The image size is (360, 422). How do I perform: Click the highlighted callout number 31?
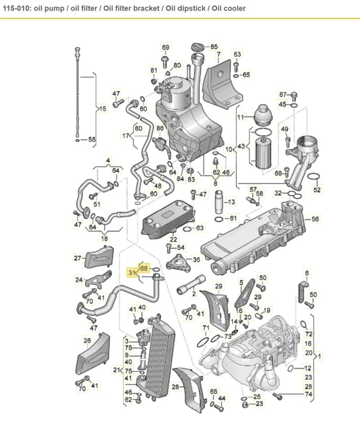coord(131,273)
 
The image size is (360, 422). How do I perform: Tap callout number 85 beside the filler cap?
coord(213,47)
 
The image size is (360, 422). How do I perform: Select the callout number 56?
coord(315,220)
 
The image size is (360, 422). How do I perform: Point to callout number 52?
coord(316,190)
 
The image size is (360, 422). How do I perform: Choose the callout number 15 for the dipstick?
coord(102,108)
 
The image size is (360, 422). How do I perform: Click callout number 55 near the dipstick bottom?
coord(92,139)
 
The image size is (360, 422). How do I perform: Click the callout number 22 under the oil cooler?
coord(173,239)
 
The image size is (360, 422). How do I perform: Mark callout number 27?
coord(77,258)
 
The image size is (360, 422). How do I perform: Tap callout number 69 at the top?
coord(165,47)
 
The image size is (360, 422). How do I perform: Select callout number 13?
coord(231,202)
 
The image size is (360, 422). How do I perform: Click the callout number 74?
coord(309,394)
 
